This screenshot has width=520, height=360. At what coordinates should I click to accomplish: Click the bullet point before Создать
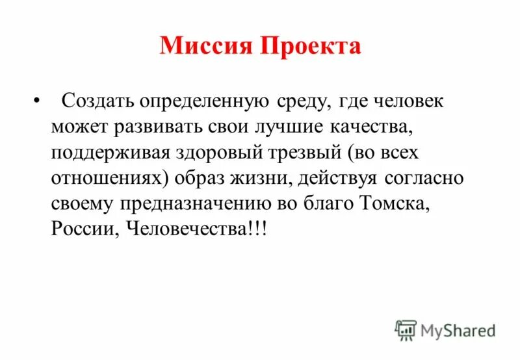coord(35,101)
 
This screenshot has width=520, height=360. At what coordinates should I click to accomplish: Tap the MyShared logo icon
coord(406,330)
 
